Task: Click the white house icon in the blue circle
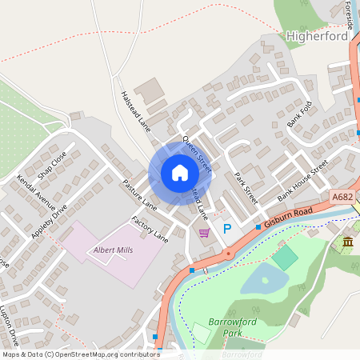(180, 173)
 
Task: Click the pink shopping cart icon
(205, 233)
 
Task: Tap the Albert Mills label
(114, 250)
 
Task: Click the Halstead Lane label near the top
(135, 111)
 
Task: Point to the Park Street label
(246, 188)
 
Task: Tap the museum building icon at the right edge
(347, 242)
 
